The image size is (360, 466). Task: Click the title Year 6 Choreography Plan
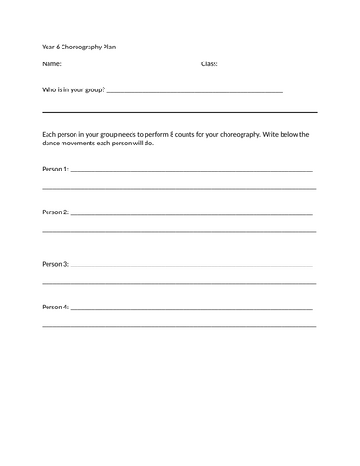[79, 46]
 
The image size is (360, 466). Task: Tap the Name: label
[52, 64]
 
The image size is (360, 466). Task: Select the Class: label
[210, 64]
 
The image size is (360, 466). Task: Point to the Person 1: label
[55, 170]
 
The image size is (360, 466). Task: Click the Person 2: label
[55, 212]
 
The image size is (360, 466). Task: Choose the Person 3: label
[55, 264]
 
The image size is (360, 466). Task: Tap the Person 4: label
[55, 307]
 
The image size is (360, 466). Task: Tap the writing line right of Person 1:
[191, 171]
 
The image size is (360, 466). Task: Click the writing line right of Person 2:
[191, 214]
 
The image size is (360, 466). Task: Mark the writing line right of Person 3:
[191, 266]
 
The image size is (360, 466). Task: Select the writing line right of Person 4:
[191, 308]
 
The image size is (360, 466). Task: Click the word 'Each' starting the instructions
[50, 134]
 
